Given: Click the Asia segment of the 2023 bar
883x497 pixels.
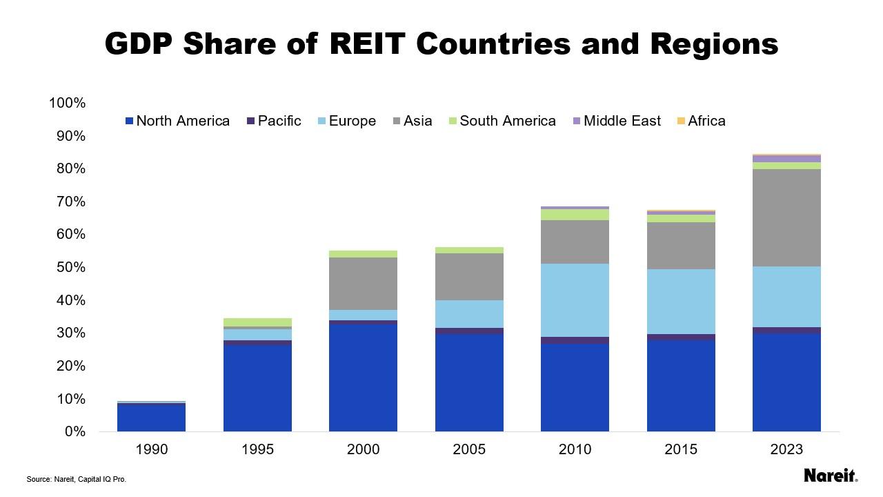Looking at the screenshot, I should (x=786, y=217).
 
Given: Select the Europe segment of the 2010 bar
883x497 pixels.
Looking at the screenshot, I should (x=575, y=300).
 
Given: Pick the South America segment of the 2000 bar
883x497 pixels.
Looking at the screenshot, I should (x=363, y=254).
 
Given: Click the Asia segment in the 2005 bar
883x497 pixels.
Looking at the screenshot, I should (x=469, y=277).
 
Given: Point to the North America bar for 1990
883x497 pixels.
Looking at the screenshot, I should (x=151, y=418).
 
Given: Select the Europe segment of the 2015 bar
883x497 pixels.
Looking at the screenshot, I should (x=681, y=302).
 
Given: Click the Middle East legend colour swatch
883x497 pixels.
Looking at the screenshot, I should (x=577, y=121).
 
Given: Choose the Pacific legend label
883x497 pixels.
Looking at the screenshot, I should (x=279, y=121).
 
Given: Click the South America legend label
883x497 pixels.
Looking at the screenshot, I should (x=507, y=121).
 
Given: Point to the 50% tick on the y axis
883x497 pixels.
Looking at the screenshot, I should (x=68, y=267).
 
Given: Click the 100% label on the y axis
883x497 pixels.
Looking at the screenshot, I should (x=67, y=103).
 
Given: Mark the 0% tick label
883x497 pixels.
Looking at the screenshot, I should (x=72, y=431).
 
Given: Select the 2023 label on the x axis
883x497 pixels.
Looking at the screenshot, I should (x=786, y=449).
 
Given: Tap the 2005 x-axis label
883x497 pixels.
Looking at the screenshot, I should (x=469, y=449).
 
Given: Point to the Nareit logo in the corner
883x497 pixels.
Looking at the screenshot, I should (x=831, y=476).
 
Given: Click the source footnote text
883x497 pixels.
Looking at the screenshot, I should (x=77, y=479).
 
